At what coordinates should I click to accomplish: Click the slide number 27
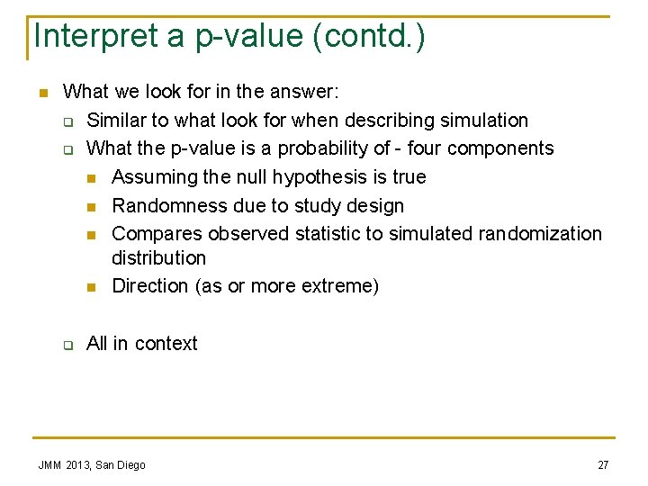pos(603,465)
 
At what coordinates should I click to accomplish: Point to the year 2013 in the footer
pos(78,465)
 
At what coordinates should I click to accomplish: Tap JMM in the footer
pos(49,465)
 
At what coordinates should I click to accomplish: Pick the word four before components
pos(461,148)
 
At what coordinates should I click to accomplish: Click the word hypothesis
pos(318,177)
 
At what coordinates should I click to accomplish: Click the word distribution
pos(158,258)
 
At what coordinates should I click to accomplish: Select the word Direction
pos(149,286)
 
